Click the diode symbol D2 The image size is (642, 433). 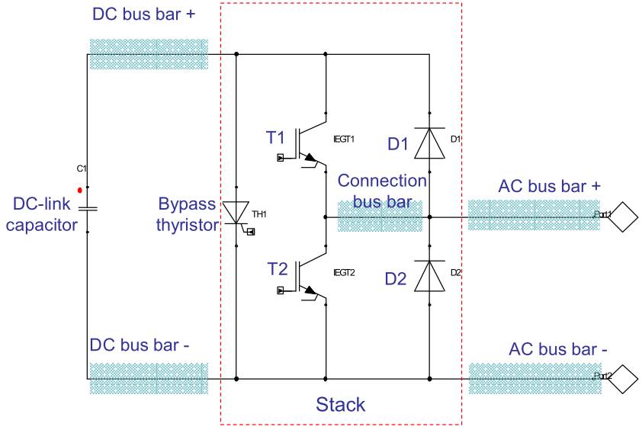[429, 276]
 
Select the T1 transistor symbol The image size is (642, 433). [309, 145]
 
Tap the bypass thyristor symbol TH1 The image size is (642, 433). [236, 213]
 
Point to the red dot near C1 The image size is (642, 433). [79, 190]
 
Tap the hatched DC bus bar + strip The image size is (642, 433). [148, 54]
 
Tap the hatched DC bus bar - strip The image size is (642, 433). [148, 377]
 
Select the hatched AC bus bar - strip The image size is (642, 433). [534, 378]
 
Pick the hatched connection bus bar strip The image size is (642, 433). [380, 217]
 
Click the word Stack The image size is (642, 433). [341, 404]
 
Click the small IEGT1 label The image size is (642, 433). [344, 139]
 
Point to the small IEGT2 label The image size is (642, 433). [344, 272]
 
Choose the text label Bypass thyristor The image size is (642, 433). [187, 214]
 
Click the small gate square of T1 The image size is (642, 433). [281, 158]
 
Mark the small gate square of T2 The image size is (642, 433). [281, 290]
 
